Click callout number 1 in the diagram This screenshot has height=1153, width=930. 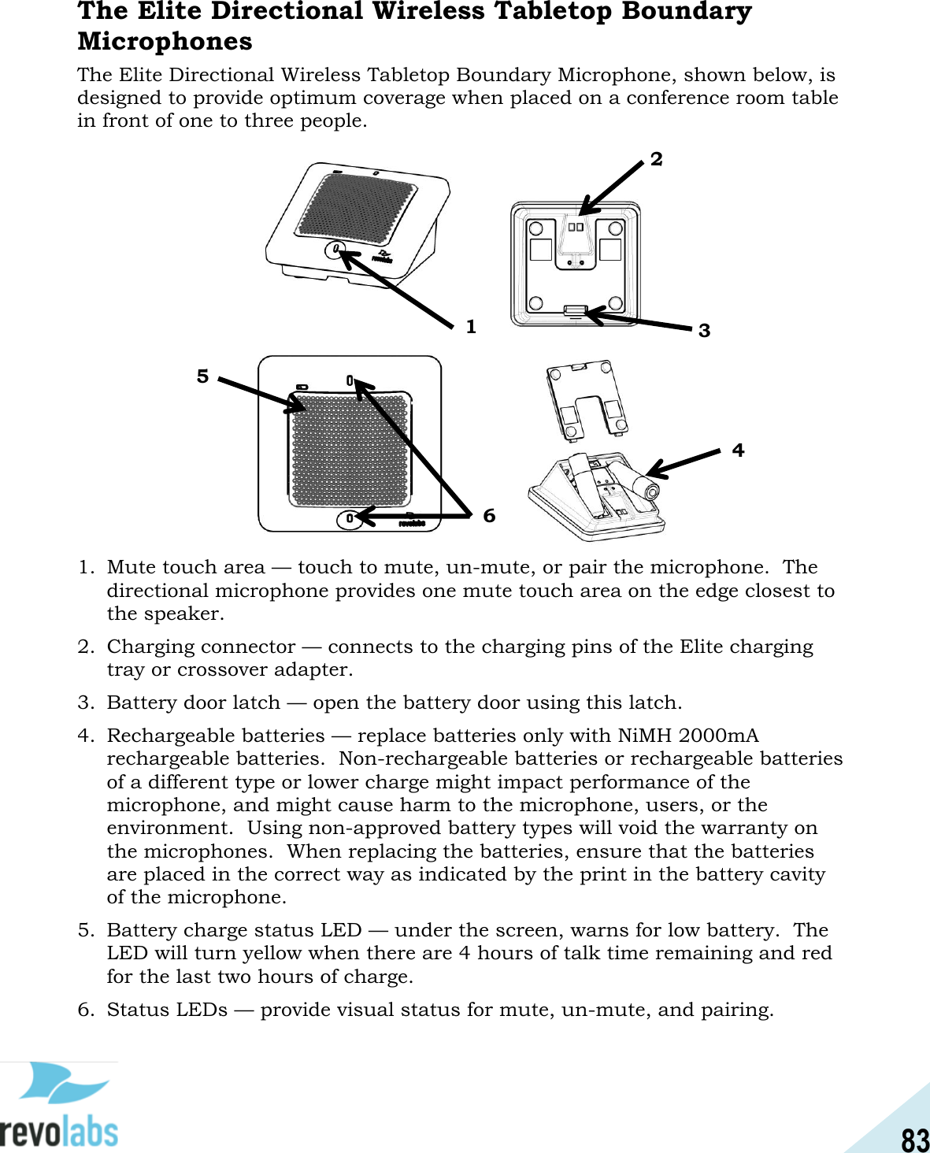tap(471, 327)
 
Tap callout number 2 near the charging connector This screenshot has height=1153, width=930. tap(656, 160)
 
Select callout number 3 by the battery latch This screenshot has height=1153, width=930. tap(704, 331)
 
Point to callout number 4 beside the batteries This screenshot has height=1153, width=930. tap(738, 450)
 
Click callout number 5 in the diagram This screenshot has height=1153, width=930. tap(203, 376)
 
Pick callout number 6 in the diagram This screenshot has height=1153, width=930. tap(489, 516)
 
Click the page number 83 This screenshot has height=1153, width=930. tap(915, 1139)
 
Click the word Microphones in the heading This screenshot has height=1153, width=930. tap(165, 41)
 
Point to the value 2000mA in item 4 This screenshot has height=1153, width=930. tap(718, 736)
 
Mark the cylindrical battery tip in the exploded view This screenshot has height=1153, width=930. tap(652, 490)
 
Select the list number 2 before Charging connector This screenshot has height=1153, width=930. tap(85, 647)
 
